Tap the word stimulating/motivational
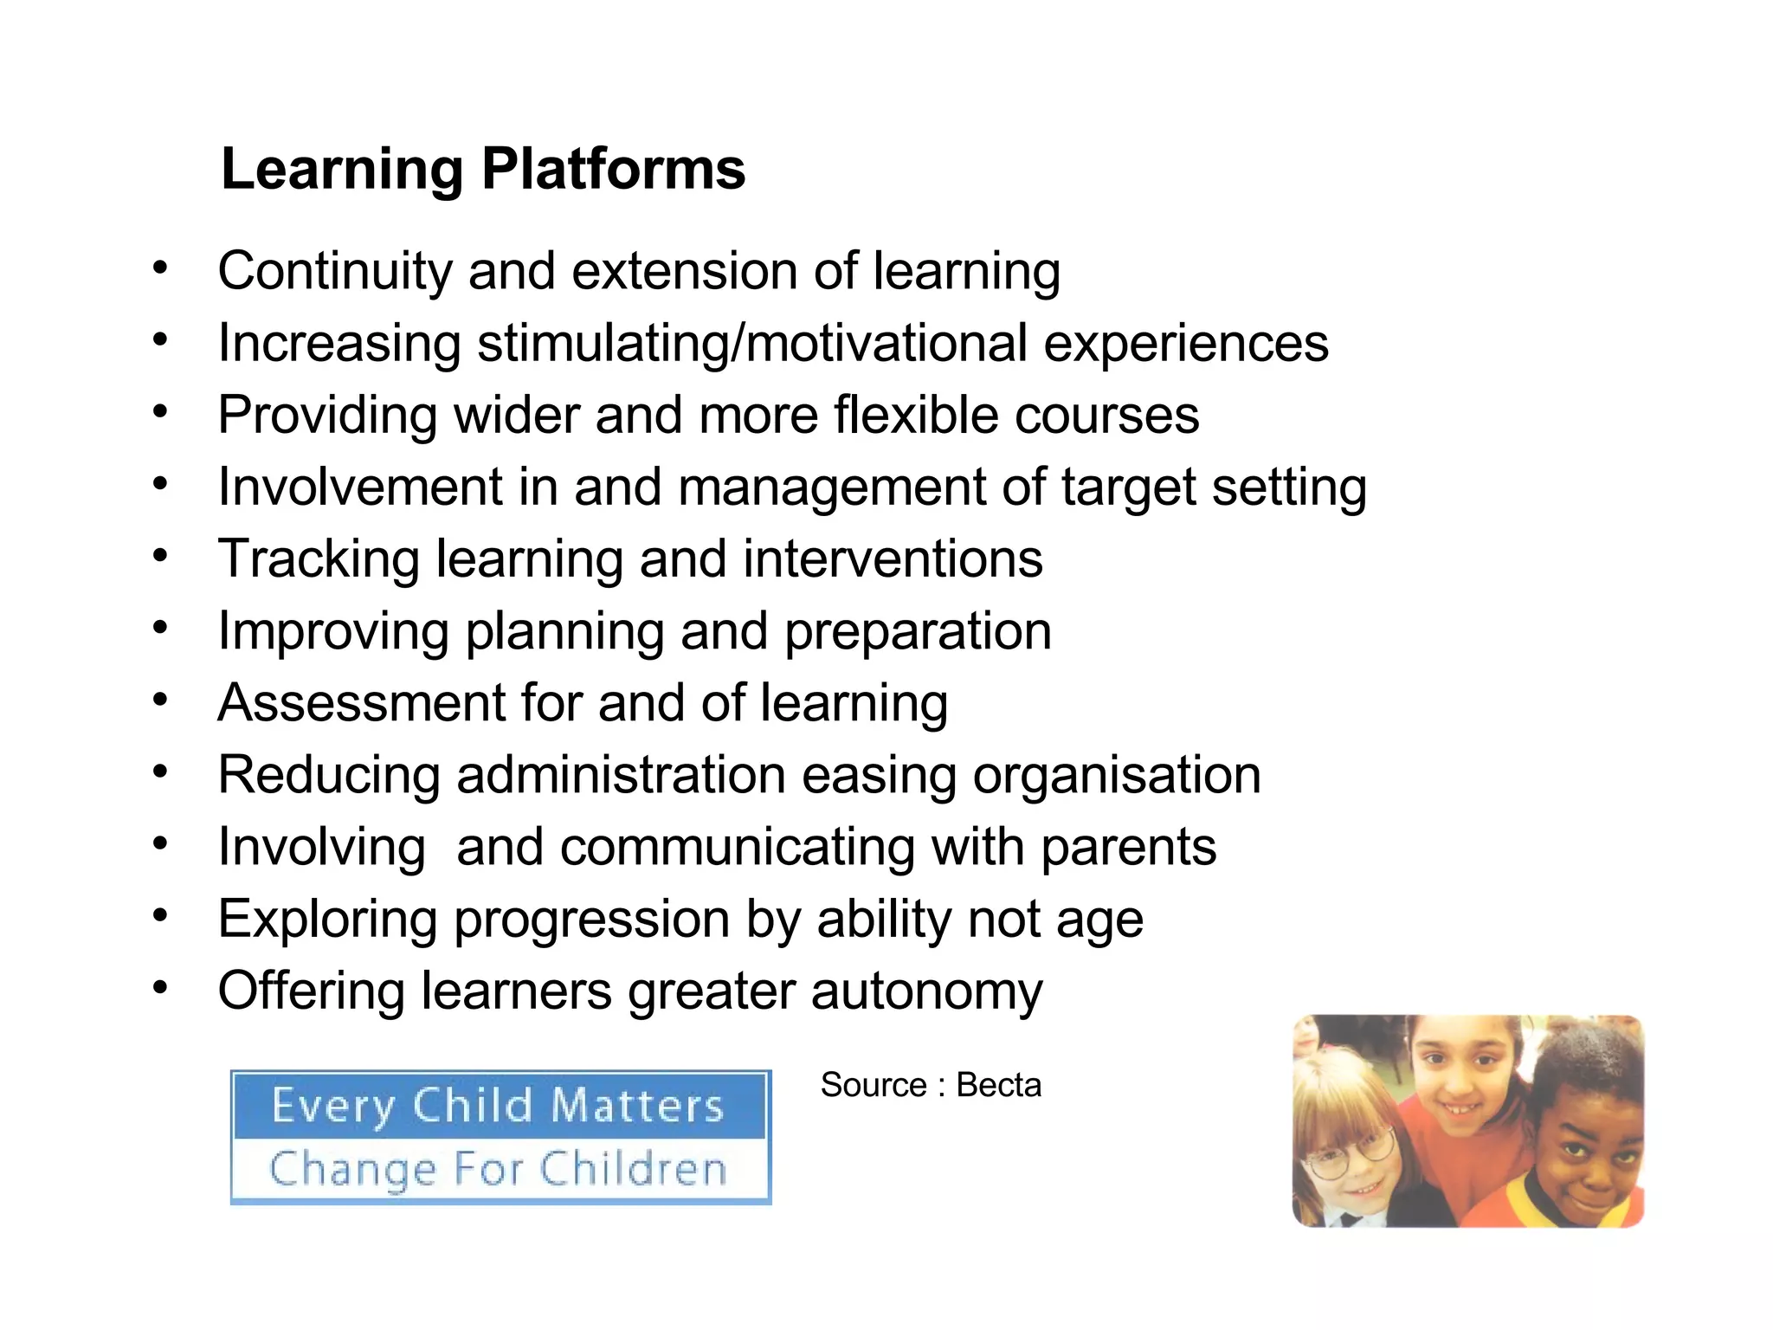click(x=751, y=343)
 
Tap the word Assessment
click(x=361, y=702)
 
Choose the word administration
click(x=621, y=774)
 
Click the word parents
click(x=1128, y=846)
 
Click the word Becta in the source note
click(x=998, y=1085)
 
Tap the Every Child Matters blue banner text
click(x=498, y=1106)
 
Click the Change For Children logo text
click(x=498, y=1169)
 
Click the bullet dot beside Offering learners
click(x=159, y=987)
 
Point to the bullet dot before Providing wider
click(x=159, y=411)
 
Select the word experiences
click(x=1185, y=343)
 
